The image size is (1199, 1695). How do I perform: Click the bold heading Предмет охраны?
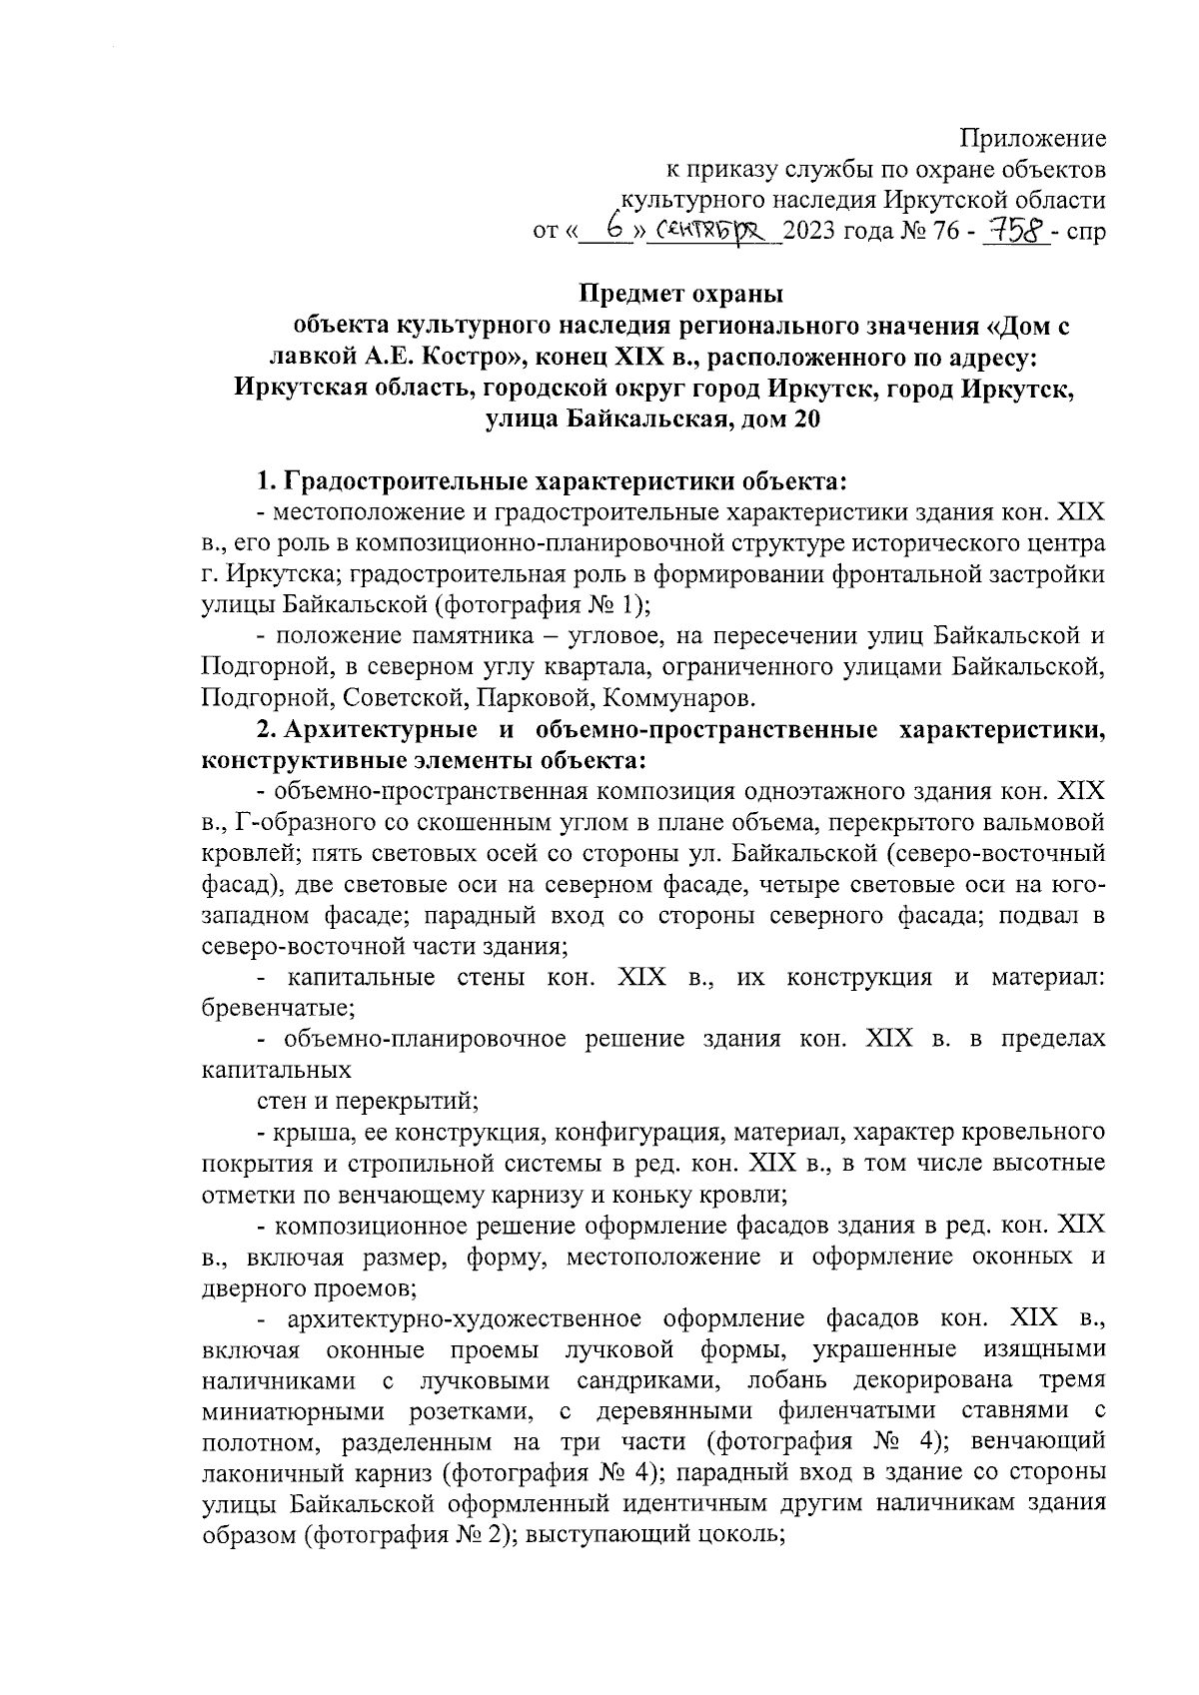(x=682, y=295)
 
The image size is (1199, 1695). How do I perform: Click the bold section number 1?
(x=265, y=481)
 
